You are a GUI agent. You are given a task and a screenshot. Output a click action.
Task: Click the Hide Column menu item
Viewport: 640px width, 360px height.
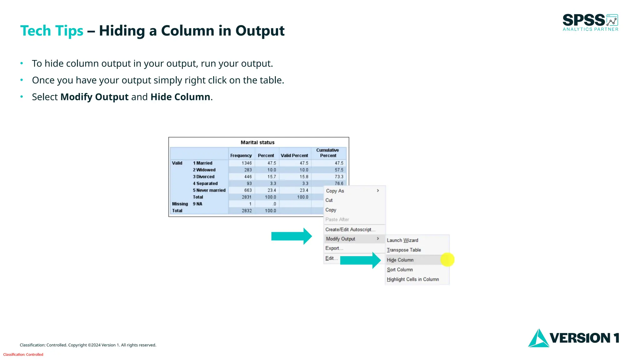pos(400,260)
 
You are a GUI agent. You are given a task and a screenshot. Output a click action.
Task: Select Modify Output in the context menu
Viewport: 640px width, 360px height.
pos(341,239)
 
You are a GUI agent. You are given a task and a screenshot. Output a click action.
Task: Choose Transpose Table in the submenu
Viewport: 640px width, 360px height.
pos(404,250)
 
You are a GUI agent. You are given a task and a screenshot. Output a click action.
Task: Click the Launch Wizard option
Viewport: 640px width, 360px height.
pos(402,240)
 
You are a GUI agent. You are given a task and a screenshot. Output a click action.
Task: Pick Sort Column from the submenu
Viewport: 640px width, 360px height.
pos(400,270)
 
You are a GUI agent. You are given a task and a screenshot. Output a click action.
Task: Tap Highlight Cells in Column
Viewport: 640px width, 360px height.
pos(413,279)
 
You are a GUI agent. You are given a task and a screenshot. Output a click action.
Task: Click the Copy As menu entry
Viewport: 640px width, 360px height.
pos(335,191)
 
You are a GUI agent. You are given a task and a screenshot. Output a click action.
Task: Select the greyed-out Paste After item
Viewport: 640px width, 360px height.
pos(337,220)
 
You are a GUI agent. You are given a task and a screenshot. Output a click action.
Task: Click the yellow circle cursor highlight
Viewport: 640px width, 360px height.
pos(447,260)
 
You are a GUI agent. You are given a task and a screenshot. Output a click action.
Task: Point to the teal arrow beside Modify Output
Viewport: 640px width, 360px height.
pos(291,236)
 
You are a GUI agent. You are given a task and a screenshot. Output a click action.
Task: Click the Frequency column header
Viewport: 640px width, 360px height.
pos(241,155)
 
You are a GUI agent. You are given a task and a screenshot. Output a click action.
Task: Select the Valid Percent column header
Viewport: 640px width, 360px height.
pos(294,155)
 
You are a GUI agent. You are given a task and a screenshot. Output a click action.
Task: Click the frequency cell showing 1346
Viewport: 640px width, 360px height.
pos(247,163)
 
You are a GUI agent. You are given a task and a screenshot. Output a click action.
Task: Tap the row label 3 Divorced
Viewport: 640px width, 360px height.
pos(204,177)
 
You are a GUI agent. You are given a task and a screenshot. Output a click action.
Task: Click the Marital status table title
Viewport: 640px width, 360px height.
pos(257,142)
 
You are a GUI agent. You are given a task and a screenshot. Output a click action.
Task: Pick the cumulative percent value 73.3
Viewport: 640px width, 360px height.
pos(339,177)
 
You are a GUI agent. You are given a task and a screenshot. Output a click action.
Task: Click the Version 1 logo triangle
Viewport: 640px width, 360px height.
pos(538,339)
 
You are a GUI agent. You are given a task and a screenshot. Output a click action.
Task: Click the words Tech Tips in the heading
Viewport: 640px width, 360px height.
pos(52,31)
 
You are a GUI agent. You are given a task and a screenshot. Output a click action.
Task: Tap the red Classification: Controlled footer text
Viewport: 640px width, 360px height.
pos(23,354)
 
